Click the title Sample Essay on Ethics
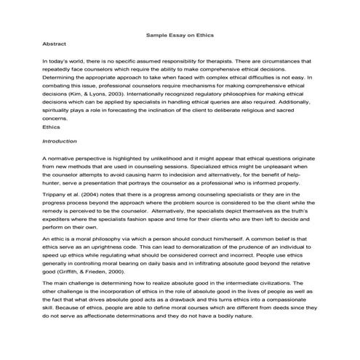[x=180, y=34]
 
